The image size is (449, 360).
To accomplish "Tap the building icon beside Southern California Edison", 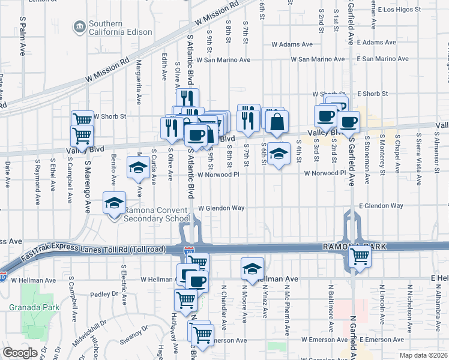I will pyautogui.click(x=79, y=27).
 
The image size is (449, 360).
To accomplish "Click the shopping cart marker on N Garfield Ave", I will pyautogui.click(x=360, y=256).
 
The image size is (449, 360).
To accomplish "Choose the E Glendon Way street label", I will pyautogui.click(x=381, y=206).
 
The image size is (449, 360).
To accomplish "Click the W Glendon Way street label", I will pyautogui.click(x=221, y=208).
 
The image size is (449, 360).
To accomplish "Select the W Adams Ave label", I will pyautogui.click(x=292, y=44).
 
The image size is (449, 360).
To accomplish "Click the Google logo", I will pyautogui.click(x=20, y=353).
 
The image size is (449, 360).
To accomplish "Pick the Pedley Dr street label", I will pyautogui.click(x=106, y=295).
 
